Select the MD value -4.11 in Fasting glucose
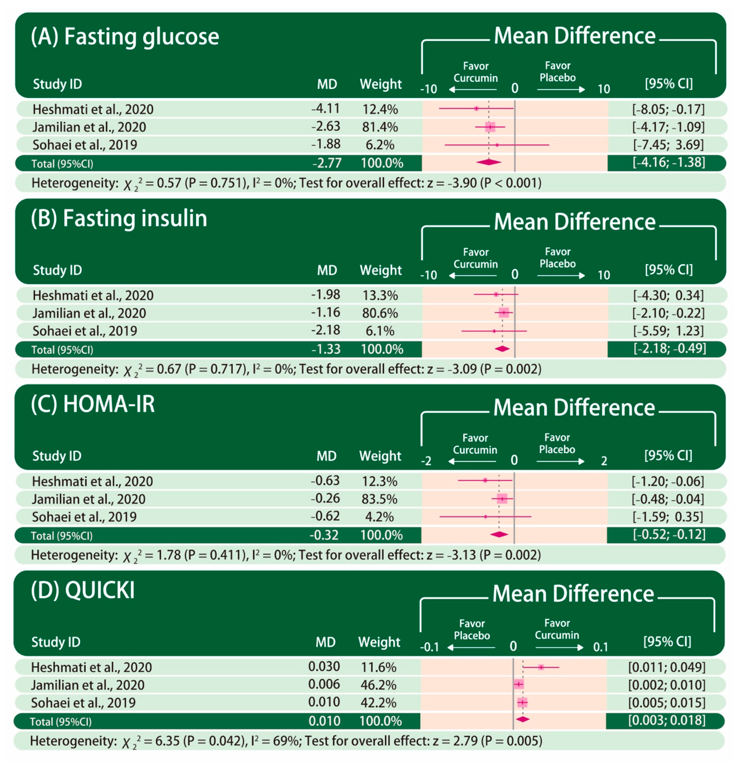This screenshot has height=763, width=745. (326, 108)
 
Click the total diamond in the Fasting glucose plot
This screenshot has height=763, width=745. (488, 162)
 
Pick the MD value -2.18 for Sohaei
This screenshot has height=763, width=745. (326, 330)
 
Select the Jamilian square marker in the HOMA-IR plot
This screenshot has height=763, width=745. (502, 498)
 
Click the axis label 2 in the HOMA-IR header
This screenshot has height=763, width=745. (604, 461)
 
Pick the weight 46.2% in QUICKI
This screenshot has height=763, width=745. (378, 685)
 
